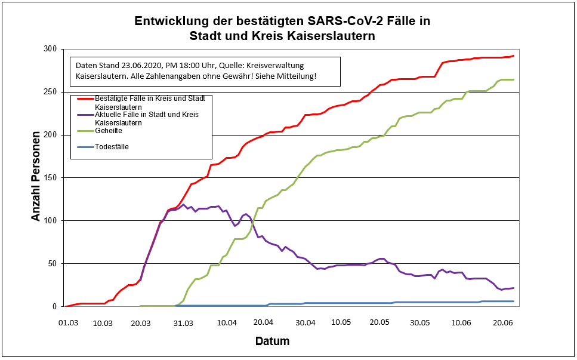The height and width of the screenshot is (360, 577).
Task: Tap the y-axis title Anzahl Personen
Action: (36, 177)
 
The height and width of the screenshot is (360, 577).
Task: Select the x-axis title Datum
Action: (272, 341)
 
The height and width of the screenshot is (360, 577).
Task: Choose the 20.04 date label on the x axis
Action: (264, 322)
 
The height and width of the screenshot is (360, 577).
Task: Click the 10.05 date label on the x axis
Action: (341, 322)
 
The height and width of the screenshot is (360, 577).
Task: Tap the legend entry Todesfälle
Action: (112, 147)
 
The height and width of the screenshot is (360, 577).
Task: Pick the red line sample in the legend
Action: (82, 98)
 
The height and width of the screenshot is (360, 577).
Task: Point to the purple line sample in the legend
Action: (82, 114)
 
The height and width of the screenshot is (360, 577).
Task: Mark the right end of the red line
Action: (513, 56)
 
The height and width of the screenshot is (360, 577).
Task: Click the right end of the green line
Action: (513, 79)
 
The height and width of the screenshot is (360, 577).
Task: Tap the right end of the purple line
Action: (513, 288)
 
